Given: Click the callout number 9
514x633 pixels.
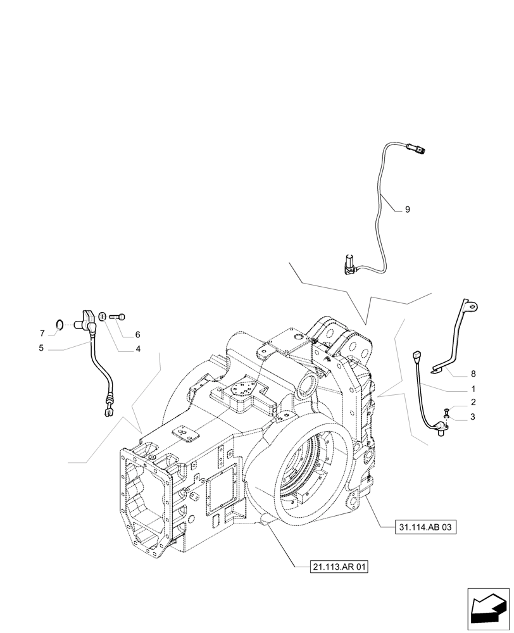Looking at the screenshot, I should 408,210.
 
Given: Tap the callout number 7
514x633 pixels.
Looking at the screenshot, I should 42,334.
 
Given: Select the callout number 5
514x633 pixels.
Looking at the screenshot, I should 41,348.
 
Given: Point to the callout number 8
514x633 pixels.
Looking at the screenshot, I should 473,373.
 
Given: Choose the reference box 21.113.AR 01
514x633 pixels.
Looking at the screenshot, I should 339,567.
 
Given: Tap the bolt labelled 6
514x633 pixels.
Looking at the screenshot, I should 118,316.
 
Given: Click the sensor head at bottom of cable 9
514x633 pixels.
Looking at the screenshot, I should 349,263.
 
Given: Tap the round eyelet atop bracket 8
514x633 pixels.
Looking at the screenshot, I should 471,306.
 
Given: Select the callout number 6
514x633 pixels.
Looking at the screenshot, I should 137,335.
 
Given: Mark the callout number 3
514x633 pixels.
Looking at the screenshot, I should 473,417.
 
